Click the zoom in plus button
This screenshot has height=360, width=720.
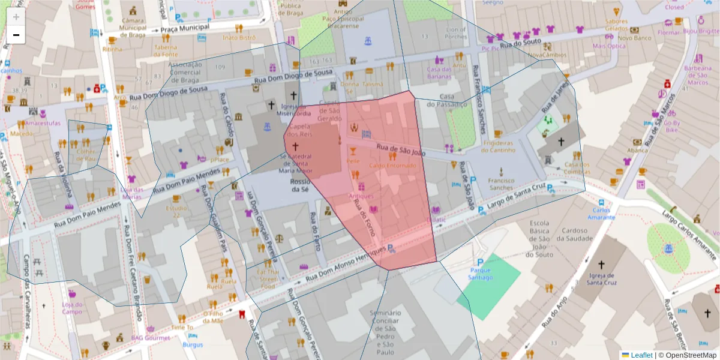(16, 17)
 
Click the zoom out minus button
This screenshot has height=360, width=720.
(16, 35)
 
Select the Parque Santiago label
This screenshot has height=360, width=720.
(480, 274)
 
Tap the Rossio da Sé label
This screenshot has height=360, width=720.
(299, 185)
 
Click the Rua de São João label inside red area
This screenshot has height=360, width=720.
(400, 150)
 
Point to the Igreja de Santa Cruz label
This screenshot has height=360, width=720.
(601, 280)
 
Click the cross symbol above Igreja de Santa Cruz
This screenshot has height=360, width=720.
(601, 264)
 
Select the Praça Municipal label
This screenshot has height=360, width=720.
(184, 28)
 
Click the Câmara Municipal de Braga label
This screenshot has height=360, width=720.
(133, 27)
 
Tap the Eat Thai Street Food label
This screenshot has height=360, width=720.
(269, 279)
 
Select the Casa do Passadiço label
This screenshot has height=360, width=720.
(454, 100)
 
